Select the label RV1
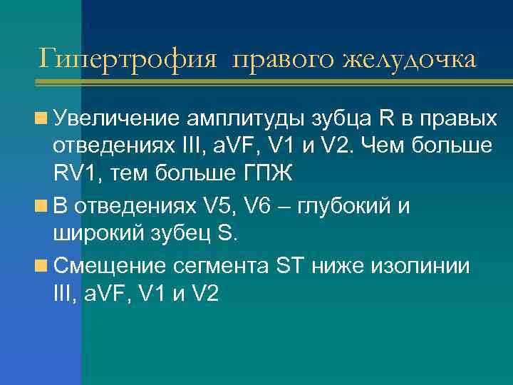pos(76,173)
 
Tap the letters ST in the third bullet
pos(291,266)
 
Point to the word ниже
pos(338,266)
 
